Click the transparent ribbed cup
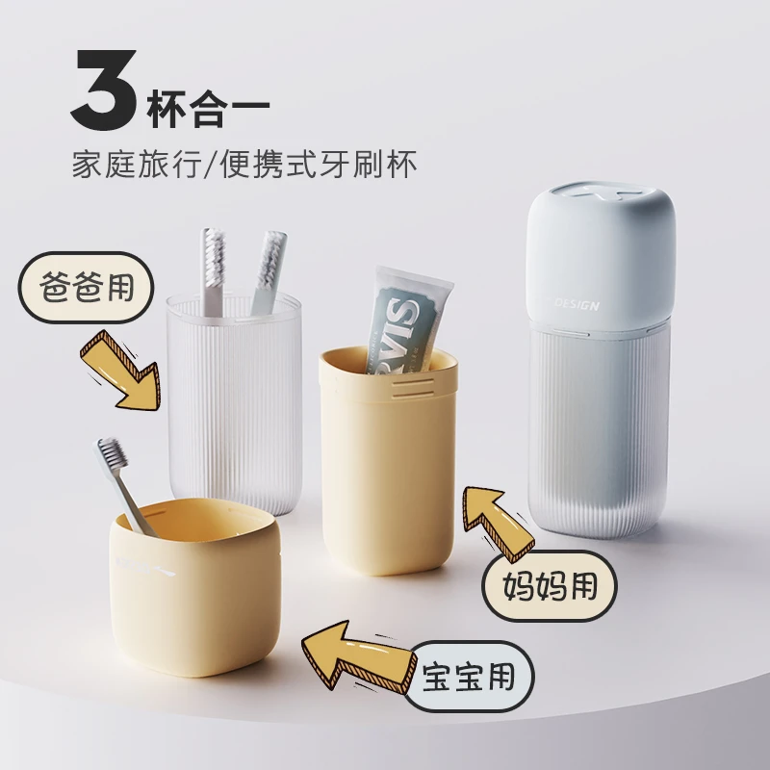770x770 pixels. (x=234, y=414)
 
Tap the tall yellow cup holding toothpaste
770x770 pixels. (x=387, y=472)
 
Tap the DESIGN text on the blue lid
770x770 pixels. (x=577, y=305)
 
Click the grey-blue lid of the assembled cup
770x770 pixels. (x=601, y=250)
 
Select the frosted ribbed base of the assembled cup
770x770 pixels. (x=597, y=433)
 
